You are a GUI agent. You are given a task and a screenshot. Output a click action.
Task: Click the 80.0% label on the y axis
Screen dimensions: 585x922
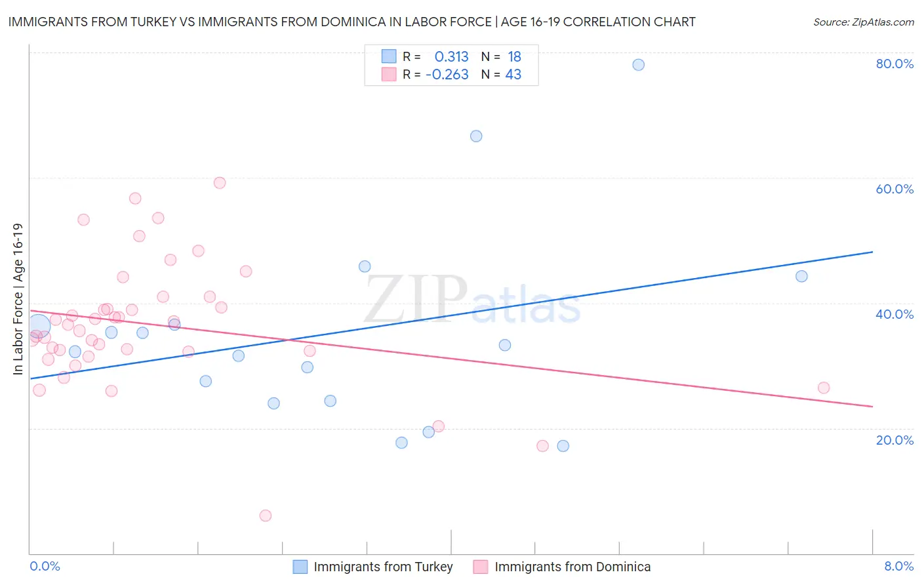(894, 64)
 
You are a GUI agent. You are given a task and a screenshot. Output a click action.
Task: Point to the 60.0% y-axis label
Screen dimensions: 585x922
(894, 189)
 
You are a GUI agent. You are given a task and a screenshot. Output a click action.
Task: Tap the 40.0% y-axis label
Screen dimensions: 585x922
(894, 314)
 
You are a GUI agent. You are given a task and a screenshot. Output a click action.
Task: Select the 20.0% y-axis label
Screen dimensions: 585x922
(894, 440)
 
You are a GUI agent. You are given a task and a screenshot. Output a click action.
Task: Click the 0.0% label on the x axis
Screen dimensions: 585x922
(45, 566)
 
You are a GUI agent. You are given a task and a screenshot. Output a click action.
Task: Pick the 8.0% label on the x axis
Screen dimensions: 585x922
(898, 566)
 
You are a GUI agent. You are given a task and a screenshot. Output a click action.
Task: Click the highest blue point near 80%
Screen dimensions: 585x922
(638, 65)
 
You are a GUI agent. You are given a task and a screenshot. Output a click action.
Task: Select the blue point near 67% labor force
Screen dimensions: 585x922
(476, 136)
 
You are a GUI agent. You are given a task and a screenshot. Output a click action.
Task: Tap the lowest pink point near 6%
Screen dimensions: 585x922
(266, 515)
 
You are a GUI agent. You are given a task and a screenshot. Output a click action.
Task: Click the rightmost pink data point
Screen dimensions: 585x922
(824, 388)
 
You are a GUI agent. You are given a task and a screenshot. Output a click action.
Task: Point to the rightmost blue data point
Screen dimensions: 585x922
(801, 276)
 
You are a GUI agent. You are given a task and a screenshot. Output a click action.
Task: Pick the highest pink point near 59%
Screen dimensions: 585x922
(220, 183)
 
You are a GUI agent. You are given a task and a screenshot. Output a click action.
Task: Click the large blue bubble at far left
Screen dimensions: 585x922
(39, 325)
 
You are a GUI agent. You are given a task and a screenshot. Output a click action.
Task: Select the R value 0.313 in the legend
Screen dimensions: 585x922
(451, 57)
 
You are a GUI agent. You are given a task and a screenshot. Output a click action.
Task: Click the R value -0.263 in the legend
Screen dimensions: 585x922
(447, 75)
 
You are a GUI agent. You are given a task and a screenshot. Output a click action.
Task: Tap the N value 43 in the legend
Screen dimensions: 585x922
(513, 75)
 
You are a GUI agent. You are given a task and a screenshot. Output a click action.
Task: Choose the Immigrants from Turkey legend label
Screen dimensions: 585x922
(383, 567)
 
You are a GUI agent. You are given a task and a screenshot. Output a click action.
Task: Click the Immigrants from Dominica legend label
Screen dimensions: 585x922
(572, 567)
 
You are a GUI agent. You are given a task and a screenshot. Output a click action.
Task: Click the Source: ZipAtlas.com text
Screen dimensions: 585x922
(863, 22)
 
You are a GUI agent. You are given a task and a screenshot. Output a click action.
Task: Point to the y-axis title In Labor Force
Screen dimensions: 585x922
(18, 299)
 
